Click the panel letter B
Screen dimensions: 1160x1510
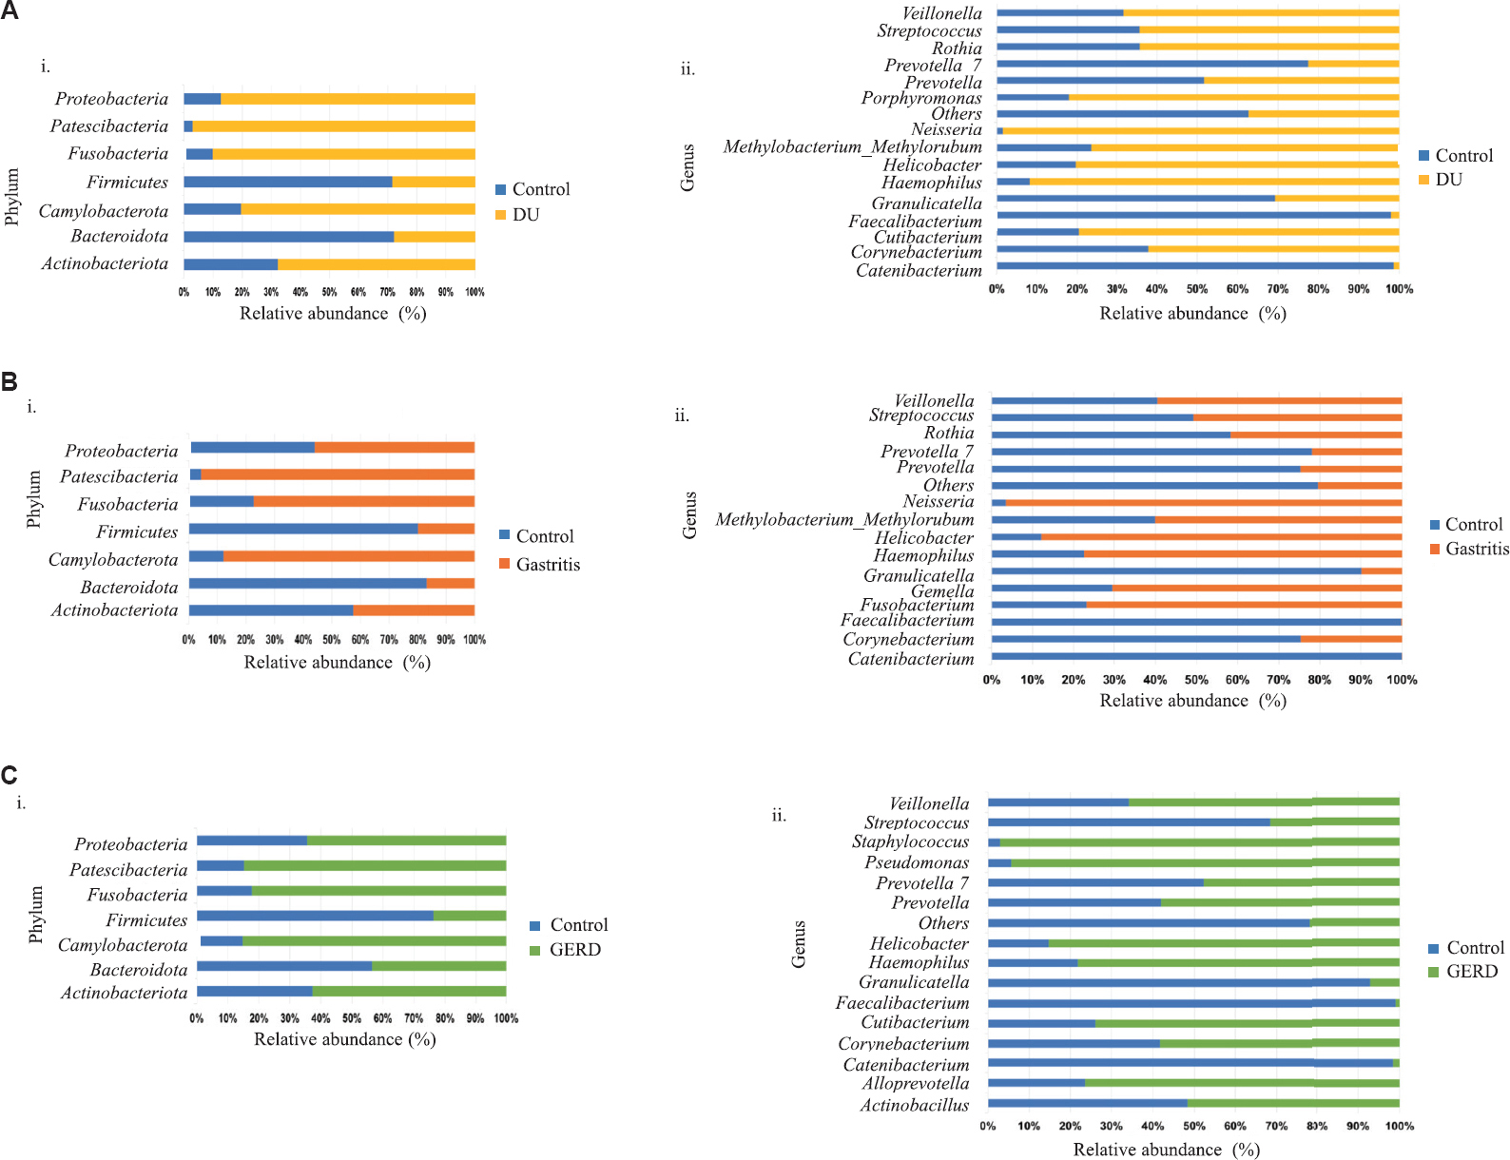pos(10,382)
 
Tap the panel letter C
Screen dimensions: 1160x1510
pos(10,776)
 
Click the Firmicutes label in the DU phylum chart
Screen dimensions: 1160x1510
pos(127,182)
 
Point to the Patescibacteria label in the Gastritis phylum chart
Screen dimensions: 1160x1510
pos(119,476)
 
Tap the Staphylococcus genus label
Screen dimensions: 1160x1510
pos(910,841)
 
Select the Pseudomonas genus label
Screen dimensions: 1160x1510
pos(917,862)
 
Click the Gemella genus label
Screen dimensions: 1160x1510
pos(942,590)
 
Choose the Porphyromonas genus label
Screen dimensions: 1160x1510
pos(920,98)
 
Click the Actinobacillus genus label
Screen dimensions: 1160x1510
pos(914,1105)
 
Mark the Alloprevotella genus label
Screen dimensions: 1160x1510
pos(916,1083)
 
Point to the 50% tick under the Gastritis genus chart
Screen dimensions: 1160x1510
pos(1196,680)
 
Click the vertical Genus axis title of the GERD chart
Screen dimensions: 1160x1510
pos(799,944)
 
